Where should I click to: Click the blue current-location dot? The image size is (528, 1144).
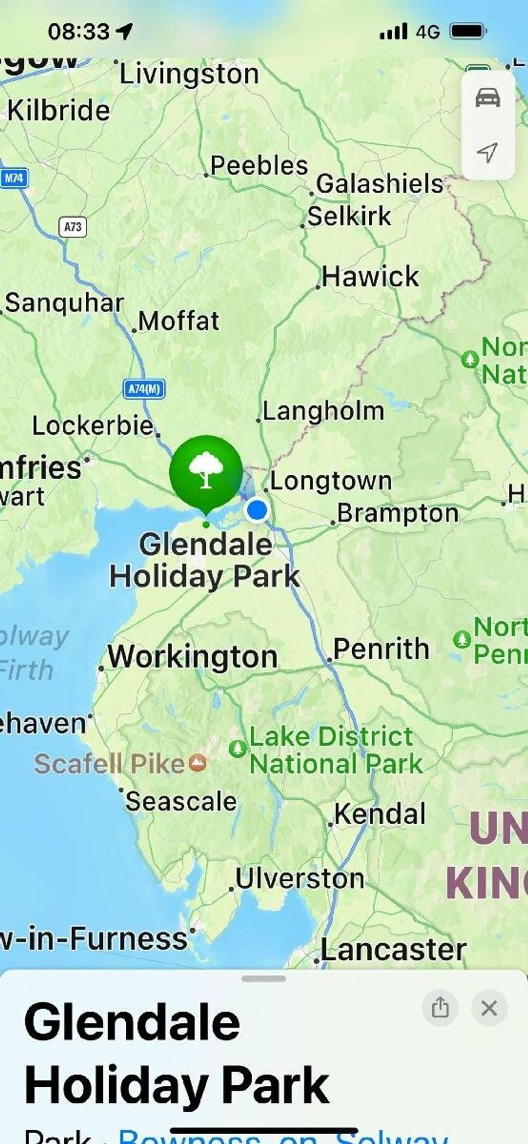[x=257, y=510]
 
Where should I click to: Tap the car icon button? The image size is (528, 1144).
[x=488, y=98]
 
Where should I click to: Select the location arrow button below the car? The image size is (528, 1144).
[x=487, y=152]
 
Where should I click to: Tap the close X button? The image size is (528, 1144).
[x=489, y=1008]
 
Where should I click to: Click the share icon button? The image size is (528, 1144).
[x=440, y=1008]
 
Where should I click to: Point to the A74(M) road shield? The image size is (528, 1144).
[x=144, y=389]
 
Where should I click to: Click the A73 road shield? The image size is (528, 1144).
[x=73, y=226]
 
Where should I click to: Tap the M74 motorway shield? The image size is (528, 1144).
[x=14, y=178]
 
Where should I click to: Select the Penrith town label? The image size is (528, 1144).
[x=381, y=649]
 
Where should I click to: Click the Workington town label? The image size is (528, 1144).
[x=192, y=657]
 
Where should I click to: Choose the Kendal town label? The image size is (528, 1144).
[x=380, y=814]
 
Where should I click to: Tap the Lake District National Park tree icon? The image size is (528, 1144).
[x=238, y=748]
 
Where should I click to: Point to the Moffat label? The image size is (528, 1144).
[x=179, y=321]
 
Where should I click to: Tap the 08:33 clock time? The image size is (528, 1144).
[x=78, y=32]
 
